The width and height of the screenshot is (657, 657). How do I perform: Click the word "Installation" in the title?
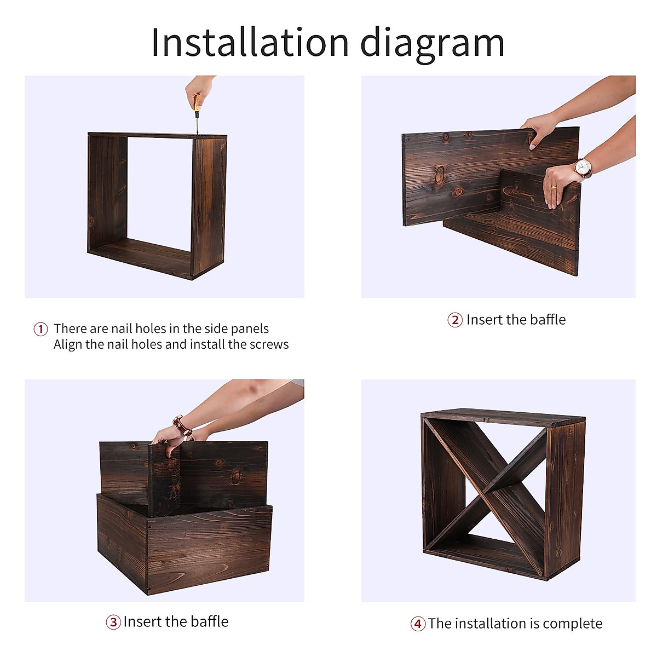(250, 42)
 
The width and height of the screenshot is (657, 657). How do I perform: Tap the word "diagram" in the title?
(432, 44)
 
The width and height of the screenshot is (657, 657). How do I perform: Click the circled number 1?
(41, 329)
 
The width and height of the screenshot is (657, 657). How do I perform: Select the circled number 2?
(455, 320)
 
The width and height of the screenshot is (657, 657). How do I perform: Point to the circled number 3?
(113, 622)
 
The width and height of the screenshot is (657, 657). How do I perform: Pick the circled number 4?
(418, 624)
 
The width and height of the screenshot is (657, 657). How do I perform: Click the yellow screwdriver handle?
(197, 103)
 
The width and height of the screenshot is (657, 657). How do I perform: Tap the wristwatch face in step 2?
(583, 167)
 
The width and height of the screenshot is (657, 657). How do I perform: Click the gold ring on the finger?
(554, 187)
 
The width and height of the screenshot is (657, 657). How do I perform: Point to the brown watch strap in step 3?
(183, 426)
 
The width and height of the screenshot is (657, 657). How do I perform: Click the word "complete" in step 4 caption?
(573, 624)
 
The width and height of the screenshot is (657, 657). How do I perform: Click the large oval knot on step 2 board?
(440, 174)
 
